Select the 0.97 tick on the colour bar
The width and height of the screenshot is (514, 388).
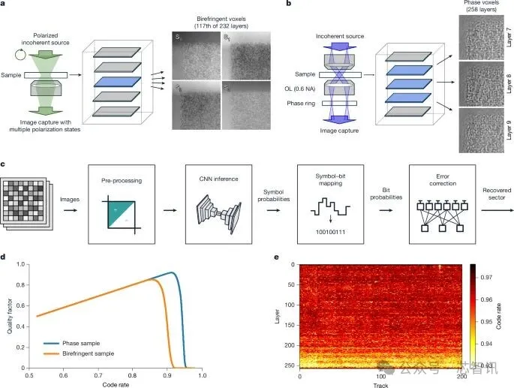click(488, 277)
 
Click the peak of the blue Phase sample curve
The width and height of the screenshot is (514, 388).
click(172, 272)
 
